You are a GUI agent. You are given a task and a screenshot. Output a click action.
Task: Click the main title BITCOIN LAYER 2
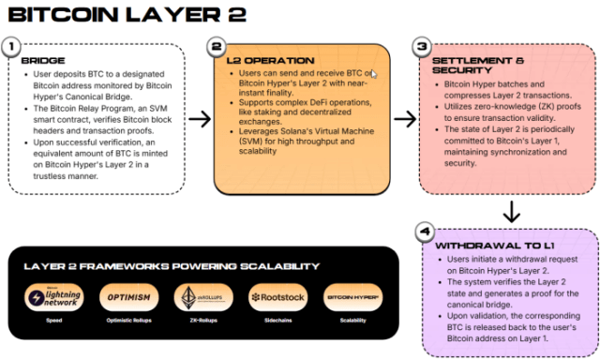(x=127, y=16)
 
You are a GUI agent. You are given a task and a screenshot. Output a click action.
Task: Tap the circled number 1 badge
(x=11, y=46)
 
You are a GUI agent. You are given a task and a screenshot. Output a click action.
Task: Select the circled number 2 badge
(x=217, y=46)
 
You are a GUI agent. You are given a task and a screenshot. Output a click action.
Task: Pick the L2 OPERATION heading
(x=270, y=61)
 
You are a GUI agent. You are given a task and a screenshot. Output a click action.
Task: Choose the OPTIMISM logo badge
(x=130, y=297)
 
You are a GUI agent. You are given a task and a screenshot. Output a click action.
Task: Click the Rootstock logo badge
(x=278, y=297)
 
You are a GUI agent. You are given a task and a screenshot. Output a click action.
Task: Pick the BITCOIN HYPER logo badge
(x=352, y=297)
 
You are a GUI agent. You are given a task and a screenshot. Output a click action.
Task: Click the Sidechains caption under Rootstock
(x=278, y=320)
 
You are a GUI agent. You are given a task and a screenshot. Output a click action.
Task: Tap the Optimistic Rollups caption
(x=130, y=320)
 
